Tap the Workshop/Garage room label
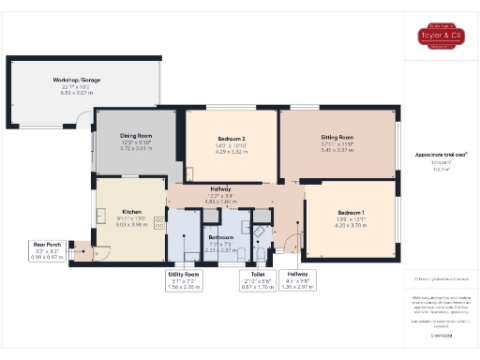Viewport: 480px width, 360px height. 77,81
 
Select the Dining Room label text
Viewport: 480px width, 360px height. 136,136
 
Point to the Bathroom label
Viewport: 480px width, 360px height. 220,237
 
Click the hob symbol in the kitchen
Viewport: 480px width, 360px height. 158,222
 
